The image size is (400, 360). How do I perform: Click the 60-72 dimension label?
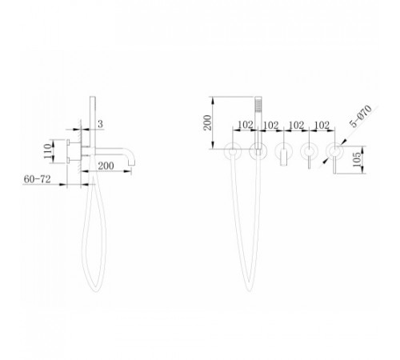tap(37, 179)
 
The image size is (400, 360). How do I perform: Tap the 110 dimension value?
tap(48, 151)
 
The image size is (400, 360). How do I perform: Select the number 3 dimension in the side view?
tap(100, 124)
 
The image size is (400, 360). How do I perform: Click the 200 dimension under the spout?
tap(106, 166)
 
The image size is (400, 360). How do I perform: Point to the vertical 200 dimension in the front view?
tap(207, 122)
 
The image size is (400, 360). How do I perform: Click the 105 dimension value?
tap(358, 160)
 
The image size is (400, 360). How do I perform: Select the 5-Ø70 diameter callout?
tap(361, 116)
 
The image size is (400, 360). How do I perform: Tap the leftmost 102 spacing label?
tap(246, 125)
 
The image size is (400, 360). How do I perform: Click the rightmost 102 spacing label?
tap(322, 125)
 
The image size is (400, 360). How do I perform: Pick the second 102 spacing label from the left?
tap(271, 125)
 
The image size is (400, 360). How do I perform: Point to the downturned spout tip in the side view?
tap(132, 161)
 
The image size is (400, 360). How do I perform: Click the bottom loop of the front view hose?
tap(249, 290)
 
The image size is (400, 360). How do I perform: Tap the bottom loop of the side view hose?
tap(95, 290)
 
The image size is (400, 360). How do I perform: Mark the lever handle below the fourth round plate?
tap(309, 161)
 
